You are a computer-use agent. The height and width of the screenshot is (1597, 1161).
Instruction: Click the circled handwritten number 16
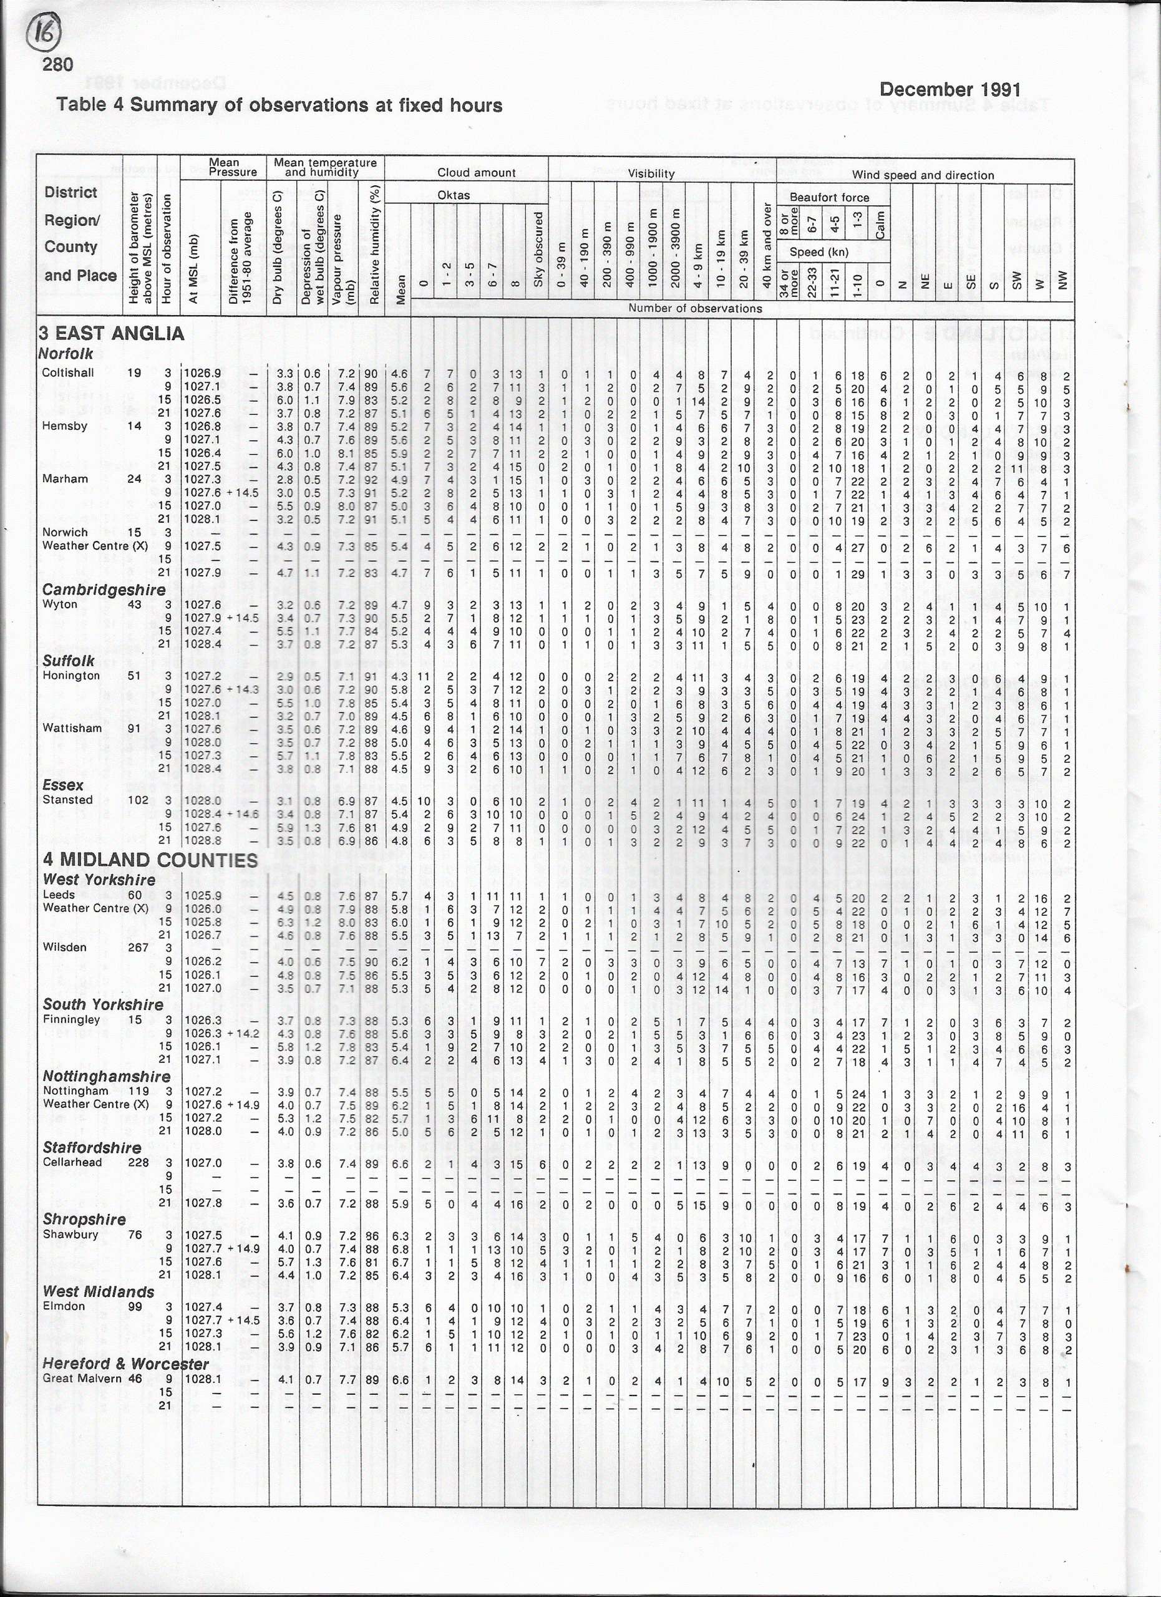pyautogui.click(x=44, y=32)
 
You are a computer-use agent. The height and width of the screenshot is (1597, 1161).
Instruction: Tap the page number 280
pyautogui.click(x=58, y=65)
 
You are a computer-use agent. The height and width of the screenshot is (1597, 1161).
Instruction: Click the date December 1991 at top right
pyautogui.click(x=950, y=89)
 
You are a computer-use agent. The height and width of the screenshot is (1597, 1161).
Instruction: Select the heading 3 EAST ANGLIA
pyautogui.click(x=111, y=334)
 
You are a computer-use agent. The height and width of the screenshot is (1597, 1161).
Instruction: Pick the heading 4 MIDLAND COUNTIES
pyautogui.click(x=150, y=860)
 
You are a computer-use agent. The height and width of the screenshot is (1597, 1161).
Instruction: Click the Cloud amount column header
pyautogui.click(x=476, y=173)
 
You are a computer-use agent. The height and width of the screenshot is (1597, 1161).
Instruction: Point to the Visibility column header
pyautogui.click(x=651, y=173)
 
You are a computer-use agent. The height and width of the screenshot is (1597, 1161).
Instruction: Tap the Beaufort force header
pyautogui.click(x=828, y=197)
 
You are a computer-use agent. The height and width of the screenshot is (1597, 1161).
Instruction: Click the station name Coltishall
pyautogui.click(x=67, y=372)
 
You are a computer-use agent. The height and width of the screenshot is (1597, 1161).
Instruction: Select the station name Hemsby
pyautogui.click(x=64, y=426)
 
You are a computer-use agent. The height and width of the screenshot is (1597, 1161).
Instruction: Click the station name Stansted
pyautogui.click(x=67, y=799)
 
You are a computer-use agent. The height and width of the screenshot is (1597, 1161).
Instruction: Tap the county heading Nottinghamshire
pyautogui.click(x=106, y=1076)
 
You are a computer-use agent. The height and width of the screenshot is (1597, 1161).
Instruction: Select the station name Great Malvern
pyautogui.click(x=82, y=1378)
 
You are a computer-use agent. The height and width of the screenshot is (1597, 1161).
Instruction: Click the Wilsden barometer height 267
pyautogui.click(x=138, y=947)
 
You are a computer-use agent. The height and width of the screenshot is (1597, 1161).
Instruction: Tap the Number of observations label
pyautogui.click(x=694, y=308)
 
